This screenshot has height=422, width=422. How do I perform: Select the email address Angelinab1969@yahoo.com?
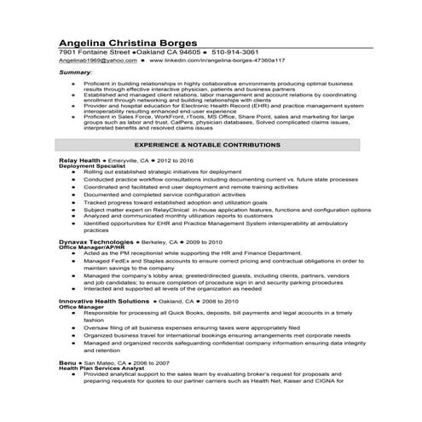pyautogui.click(x=98, y=61)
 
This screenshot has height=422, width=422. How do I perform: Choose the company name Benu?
pyautogui.click(x=67, y=362)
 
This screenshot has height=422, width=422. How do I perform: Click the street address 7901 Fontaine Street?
pyautogui.click(x=94, y=53)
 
